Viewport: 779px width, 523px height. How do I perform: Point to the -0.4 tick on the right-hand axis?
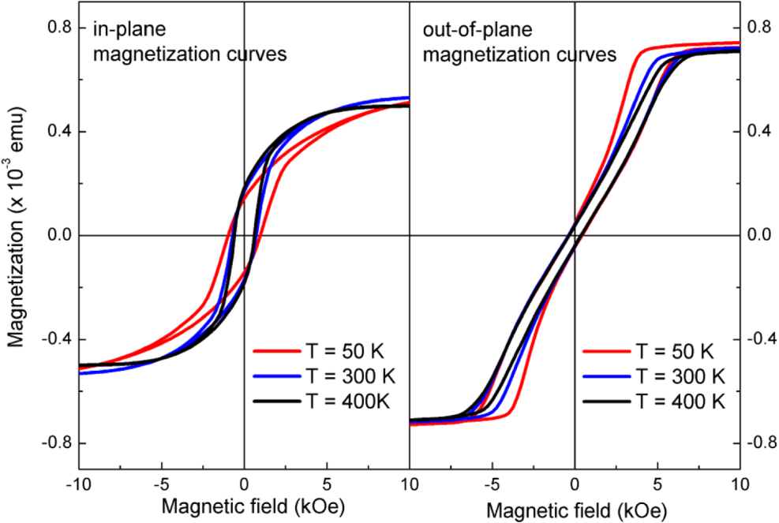759,339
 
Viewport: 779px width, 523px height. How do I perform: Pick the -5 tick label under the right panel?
489,483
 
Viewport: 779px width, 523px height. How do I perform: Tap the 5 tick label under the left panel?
327,483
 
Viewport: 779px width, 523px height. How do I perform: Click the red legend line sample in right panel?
606,351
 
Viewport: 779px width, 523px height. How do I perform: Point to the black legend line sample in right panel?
606,402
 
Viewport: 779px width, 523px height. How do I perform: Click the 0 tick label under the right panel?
575,483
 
